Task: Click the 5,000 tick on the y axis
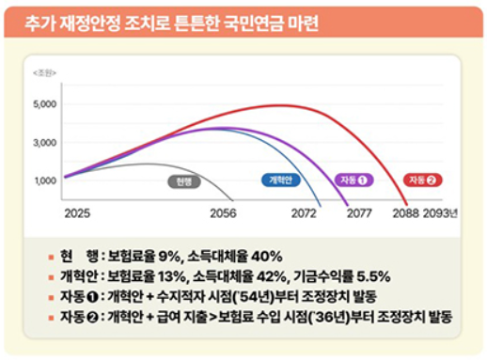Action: [x=45, y=104]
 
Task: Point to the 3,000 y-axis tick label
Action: [x=45, y=143]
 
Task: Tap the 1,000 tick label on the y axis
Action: [x=45, y=180]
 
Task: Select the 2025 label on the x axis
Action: [x=77, y=213]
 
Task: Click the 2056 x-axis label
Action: [x=223, y=213]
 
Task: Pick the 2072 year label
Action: [x=304, y=213]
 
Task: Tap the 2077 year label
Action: [x=359, y=213]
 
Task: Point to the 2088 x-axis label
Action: [x=406, y=213]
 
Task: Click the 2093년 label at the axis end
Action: [x=440, y=213]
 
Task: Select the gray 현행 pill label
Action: [x=184, y=181]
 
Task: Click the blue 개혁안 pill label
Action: [x=281, y=180]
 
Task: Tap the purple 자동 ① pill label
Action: [x=353, y=180]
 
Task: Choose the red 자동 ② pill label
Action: [x=422, y=180]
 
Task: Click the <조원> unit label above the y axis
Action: [x=44, y=73]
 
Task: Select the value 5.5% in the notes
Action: [x=373, y=276]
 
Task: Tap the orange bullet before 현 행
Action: [x=52, y=258]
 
